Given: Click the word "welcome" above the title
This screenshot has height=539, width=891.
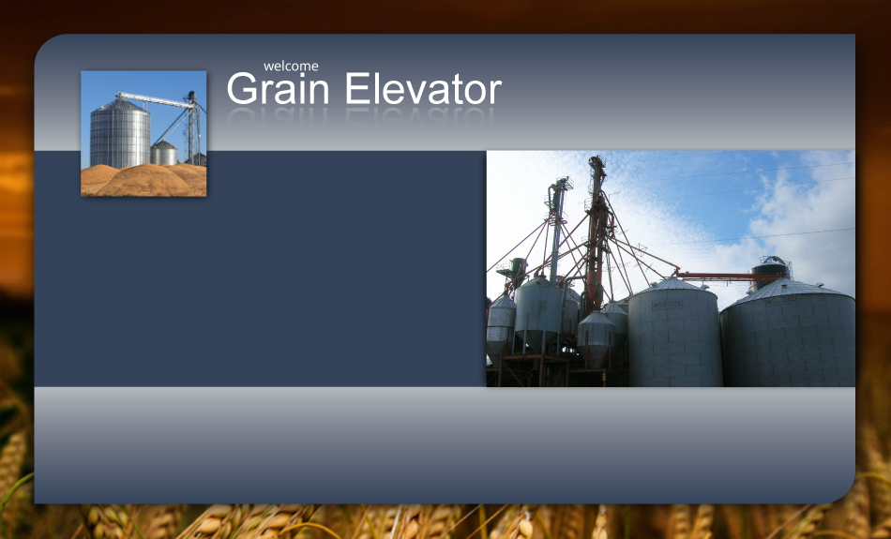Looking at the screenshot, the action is (291, 67).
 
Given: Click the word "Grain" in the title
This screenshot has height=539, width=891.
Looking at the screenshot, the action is (278, 89).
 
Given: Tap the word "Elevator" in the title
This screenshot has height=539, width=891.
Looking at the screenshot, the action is (423, 89).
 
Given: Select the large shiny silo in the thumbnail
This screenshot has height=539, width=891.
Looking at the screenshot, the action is (120, 134).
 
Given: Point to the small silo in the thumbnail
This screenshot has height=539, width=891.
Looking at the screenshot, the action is (163, 154).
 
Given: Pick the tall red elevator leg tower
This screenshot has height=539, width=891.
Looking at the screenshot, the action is (597, 232).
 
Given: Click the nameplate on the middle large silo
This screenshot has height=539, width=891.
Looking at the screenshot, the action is (668, 305).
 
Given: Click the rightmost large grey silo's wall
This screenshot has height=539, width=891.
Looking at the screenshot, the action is (789, 347).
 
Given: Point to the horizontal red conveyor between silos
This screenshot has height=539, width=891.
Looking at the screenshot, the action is (729, 277).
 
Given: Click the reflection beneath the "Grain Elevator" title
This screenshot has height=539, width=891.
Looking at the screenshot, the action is (364, 115).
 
